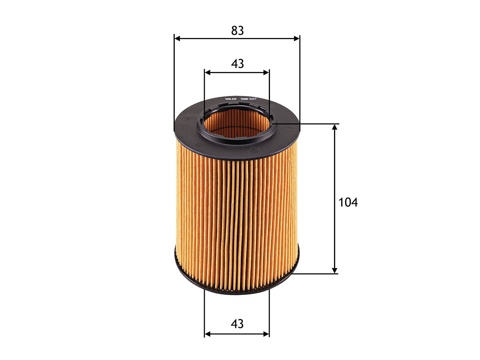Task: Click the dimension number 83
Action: [x=237, y=30]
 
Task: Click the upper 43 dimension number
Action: [x=237, y=64]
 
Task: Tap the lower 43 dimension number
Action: [x=237, y=324]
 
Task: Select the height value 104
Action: [x=348, y=202]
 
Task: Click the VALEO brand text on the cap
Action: [x=231, y=98]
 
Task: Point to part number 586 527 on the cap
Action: [x=248, y=98]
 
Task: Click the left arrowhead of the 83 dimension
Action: [x=177, y=38]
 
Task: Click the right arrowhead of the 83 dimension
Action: [x=297, y=38]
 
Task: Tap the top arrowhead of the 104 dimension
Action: [x=335, y=127]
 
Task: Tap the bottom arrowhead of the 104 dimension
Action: [x=335, y=271]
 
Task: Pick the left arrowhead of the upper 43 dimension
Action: [x=207, y=72]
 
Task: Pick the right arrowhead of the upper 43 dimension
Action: [x=266, y=72]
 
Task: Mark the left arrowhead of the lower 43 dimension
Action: [x=207, y=334]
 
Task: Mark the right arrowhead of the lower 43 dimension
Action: [x=266, y=334]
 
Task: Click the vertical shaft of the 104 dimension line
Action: [x=335, y=168]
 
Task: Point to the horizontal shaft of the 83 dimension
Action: [x=208, y=38]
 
